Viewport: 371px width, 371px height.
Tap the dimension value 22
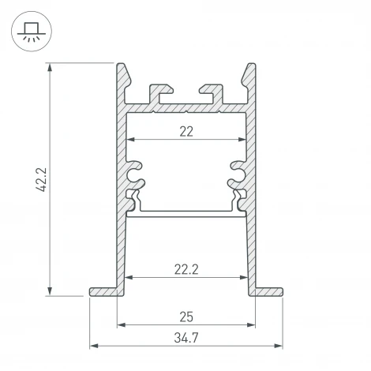(186, 132)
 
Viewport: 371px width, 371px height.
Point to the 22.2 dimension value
(186, 268)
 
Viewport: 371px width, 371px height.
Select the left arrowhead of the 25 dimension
(121, 324)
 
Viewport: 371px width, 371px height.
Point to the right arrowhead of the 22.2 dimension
(240, 278)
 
